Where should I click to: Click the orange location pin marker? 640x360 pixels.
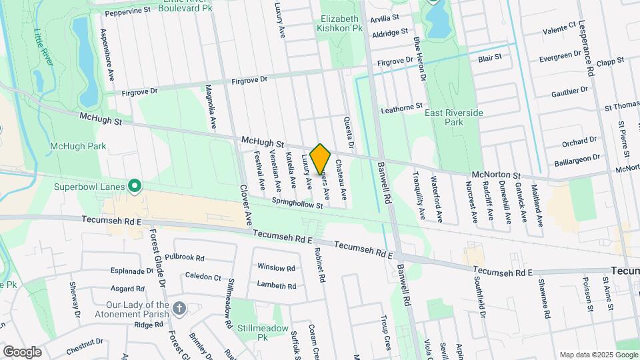coord(321,159)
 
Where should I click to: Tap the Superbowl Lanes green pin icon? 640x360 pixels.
coord(135,185)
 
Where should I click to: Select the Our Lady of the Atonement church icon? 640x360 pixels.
coord(179,308)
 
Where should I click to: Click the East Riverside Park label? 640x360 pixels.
coord(453,118)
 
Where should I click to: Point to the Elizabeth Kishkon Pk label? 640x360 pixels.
coord(341,24)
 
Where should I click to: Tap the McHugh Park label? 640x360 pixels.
coord(78,146)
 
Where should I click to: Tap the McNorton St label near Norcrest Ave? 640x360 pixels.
coord(496,175)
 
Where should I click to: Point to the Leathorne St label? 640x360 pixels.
coord(401,107)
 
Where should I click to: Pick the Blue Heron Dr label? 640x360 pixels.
coord(419,59)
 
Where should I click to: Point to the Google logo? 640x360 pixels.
coord(22,352)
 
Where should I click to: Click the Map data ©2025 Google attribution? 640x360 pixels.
coord(598,355)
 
